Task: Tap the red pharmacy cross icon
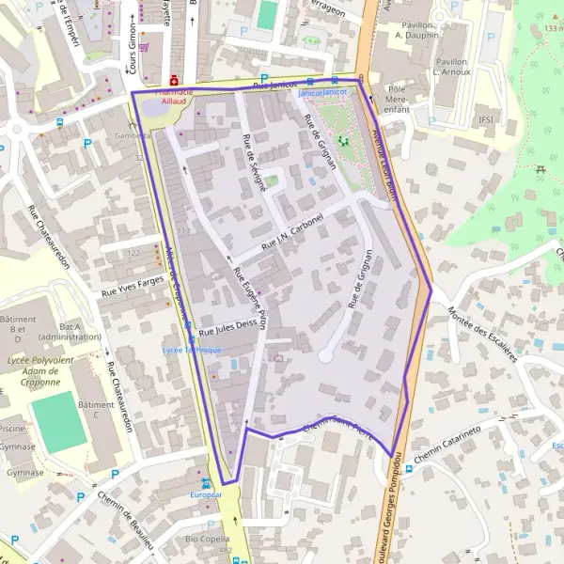click(174, 81)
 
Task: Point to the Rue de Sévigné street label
click(254, 163)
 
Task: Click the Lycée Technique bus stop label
click(192, 350)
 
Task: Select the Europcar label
click(206, 493)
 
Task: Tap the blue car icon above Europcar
click(206, 480)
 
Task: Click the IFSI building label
click(486, 119)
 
